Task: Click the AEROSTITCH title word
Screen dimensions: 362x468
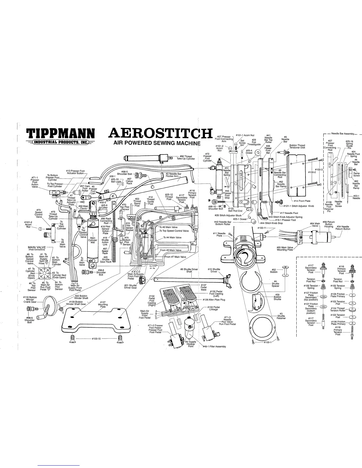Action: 160,134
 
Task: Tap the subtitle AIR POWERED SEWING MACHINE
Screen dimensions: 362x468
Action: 157,144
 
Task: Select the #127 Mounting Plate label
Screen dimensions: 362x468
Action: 103,304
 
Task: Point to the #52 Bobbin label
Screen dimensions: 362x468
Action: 274,271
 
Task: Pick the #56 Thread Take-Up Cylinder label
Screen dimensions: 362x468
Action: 186,157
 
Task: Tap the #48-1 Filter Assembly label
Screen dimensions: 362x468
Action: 214,347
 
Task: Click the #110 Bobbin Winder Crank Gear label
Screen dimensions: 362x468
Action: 30,300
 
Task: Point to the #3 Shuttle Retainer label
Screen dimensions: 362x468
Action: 281,316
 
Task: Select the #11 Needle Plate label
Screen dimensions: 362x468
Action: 219,234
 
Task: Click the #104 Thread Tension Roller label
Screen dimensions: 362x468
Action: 338,309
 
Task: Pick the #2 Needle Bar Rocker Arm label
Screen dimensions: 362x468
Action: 174,175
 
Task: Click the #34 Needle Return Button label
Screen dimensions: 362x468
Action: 343,228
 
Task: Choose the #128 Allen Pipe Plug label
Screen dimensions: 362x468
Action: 214,300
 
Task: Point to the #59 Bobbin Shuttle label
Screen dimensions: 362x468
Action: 277,297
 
